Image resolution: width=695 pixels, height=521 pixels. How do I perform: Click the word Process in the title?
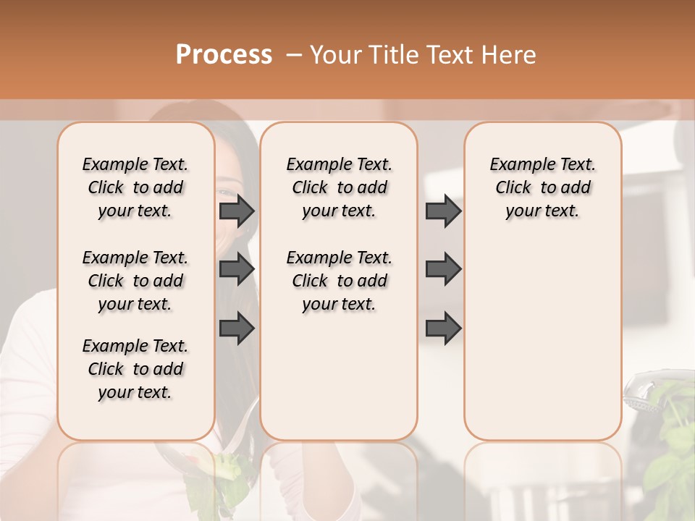tap(224, 55)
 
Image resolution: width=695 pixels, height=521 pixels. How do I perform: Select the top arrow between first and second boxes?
tap(237, 211)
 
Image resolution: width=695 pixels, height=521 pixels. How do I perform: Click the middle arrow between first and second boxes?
tap(237, 269)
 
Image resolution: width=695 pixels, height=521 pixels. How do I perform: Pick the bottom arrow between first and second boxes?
tap(237, 329)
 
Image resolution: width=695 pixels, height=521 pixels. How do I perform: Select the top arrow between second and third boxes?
tap(443, 211)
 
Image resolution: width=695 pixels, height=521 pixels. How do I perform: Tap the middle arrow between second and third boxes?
tap(443, 269)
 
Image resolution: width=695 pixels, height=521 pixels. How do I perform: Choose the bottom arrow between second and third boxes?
tap(443, 329)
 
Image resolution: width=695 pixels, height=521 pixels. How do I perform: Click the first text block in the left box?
tap(135, 187)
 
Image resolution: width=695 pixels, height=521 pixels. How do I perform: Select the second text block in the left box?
tap(135, 281)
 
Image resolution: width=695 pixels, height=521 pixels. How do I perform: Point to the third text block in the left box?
tap(135, 369)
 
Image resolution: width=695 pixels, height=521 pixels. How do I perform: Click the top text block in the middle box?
tap(339, 187)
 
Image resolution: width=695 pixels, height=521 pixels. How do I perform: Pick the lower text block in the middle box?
tap(339, 281)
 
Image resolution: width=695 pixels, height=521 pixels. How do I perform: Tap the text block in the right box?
tap(542, 187)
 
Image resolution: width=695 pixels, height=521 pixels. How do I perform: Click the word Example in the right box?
tap(518, 165)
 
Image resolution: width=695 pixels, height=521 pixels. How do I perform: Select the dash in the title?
tap(294, 55)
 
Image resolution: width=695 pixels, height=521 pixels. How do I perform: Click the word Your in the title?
tap(334, 55)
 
